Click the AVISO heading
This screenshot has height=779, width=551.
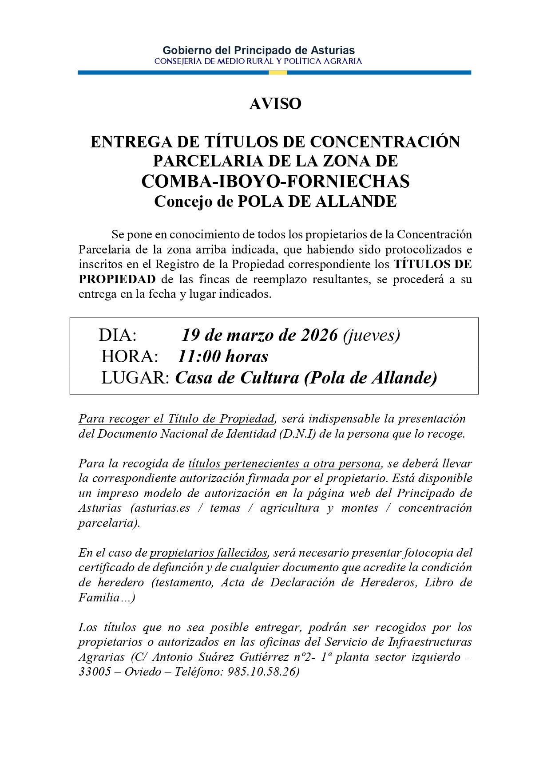[x=275, y=104]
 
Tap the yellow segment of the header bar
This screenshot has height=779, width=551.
[x=278, y=72]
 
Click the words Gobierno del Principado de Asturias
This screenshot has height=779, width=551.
[x=258, y=50]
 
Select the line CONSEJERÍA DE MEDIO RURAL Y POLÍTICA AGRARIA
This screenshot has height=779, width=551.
[x=258, y=61]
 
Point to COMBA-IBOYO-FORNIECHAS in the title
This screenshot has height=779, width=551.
[x=275, y=181]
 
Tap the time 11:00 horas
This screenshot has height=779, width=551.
[x=223, y=356]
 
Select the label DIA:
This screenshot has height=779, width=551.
[x=117, y=335]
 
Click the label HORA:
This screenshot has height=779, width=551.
[x=130, y=356]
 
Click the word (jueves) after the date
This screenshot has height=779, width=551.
[x=372, y=335]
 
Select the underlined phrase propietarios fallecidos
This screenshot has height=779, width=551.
[x=209, y=553]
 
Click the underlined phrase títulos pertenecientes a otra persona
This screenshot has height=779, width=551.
[x=284, y=463]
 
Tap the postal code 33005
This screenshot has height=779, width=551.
[x=95, y=672]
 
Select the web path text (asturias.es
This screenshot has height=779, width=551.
[x=160, y=508]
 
